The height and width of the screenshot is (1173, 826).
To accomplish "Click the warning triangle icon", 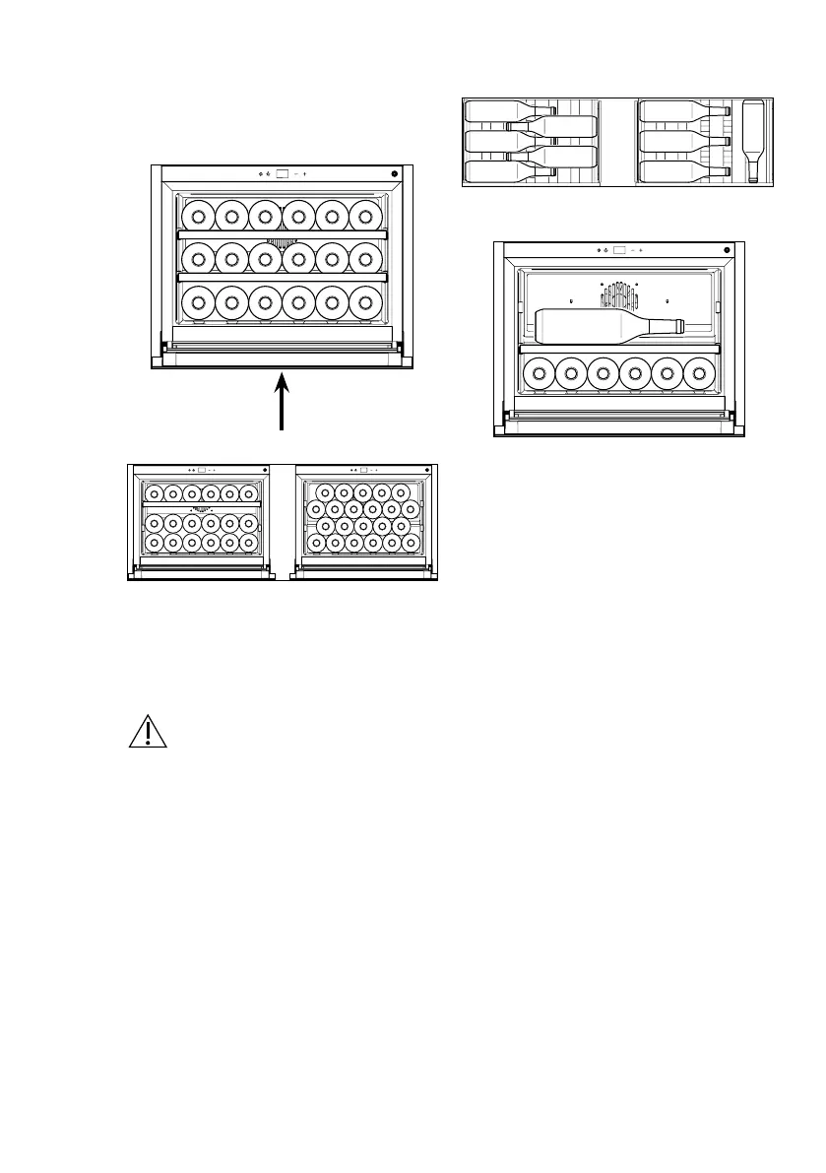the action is tap(145, 732).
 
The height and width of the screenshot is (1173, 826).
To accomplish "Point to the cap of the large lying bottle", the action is tap(679, 325).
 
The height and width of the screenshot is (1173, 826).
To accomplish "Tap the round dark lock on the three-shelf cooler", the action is tap(394, 174).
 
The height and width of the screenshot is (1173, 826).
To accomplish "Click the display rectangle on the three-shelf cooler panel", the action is tap(284, 174).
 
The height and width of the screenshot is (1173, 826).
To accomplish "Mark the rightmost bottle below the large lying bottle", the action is tap(700, 373).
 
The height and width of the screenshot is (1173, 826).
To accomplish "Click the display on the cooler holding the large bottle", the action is tap(618, 250).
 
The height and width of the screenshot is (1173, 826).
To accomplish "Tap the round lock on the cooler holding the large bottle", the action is tap(727, 250).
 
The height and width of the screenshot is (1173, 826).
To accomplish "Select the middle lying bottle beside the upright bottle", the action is tap(683, 142).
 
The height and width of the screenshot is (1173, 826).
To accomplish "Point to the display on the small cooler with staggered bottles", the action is tap(362, 470).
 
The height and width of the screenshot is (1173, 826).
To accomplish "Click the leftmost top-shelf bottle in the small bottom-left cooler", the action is tap(154, 493).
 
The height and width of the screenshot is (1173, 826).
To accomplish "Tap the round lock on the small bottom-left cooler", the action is tap(263, 470).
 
